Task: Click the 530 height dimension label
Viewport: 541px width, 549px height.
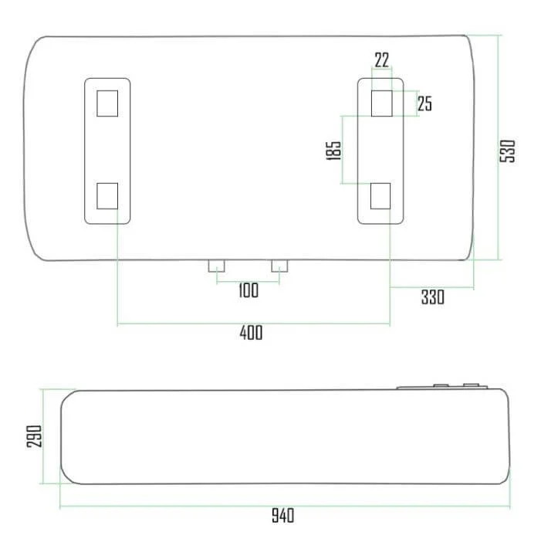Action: coord(507,151)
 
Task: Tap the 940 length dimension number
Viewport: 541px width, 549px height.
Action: coord(283,515)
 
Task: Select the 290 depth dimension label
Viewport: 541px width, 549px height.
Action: coord(34,436)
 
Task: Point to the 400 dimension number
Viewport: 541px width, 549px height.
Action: coord(252,333)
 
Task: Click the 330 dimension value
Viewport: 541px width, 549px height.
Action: coord(433,297)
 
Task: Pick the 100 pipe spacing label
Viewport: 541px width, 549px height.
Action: coord(249,290)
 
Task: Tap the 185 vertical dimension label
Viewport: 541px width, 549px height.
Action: coord(333,151)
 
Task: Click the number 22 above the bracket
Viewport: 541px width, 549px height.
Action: coord(382,60)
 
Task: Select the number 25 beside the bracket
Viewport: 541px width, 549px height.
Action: coord(424,103)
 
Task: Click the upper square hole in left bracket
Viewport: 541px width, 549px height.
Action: coord(107,103)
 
